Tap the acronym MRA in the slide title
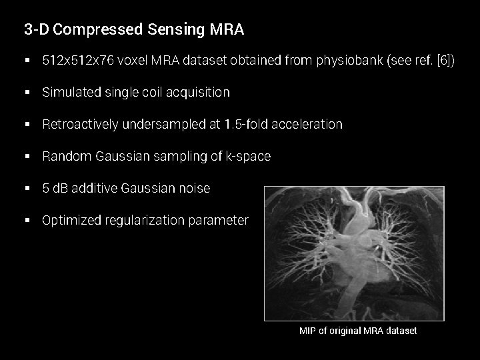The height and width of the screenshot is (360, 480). point(227,29)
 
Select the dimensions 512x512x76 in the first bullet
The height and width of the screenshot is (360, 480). point(77,61)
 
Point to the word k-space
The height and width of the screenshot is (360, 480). point(249,156)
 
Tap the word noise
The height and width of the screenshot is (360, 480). point(195,188)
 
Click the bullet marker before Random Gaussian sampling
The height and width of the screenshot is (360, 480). point(27,156)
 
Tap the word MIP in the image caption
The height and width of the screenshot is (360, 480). point(307,331)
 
